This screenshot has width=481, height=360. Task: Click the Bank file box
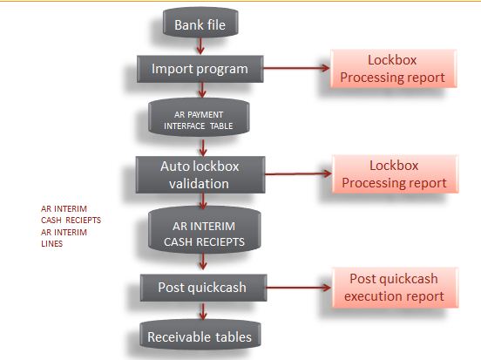coord(200,24)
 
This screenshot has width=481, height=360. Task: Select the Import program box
coord(200,68)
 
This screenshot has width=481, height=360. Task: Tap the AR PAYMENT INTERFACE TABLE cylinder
coord(200,119)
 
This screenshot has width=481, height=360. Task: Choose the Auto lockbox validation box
coord(200,174)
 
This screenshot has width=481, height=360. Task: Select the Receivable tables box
coord(200,336)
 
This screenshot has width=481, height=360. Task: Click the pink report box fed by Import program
coord(393,69)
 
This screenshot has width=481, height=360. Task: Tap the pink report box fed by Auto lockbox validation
coord(394,174)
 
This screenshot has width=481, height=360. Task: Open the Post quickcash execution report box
coord(394,288)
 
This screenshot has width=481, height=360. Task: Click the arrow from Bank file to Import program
coord(200,47)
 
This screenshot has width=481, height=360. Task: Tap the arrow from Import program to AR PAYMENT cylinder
coord(200,89)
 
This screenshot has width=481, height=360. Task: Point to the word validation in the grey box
coord(200,183)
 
